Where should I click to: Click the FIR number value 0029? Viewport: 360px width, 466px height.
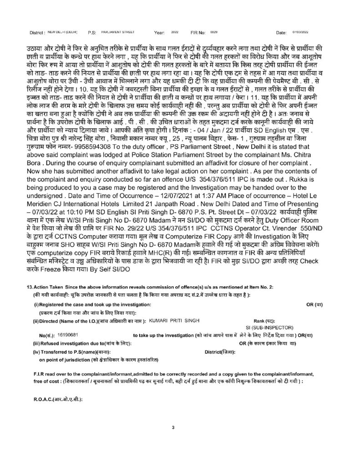[x=214, y=33]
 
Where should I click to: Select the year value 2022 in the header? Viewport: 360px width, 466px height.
[x=175, y=33]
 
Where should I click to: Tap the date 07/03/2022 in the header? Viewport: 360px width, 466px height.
[x=300, y=33]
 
